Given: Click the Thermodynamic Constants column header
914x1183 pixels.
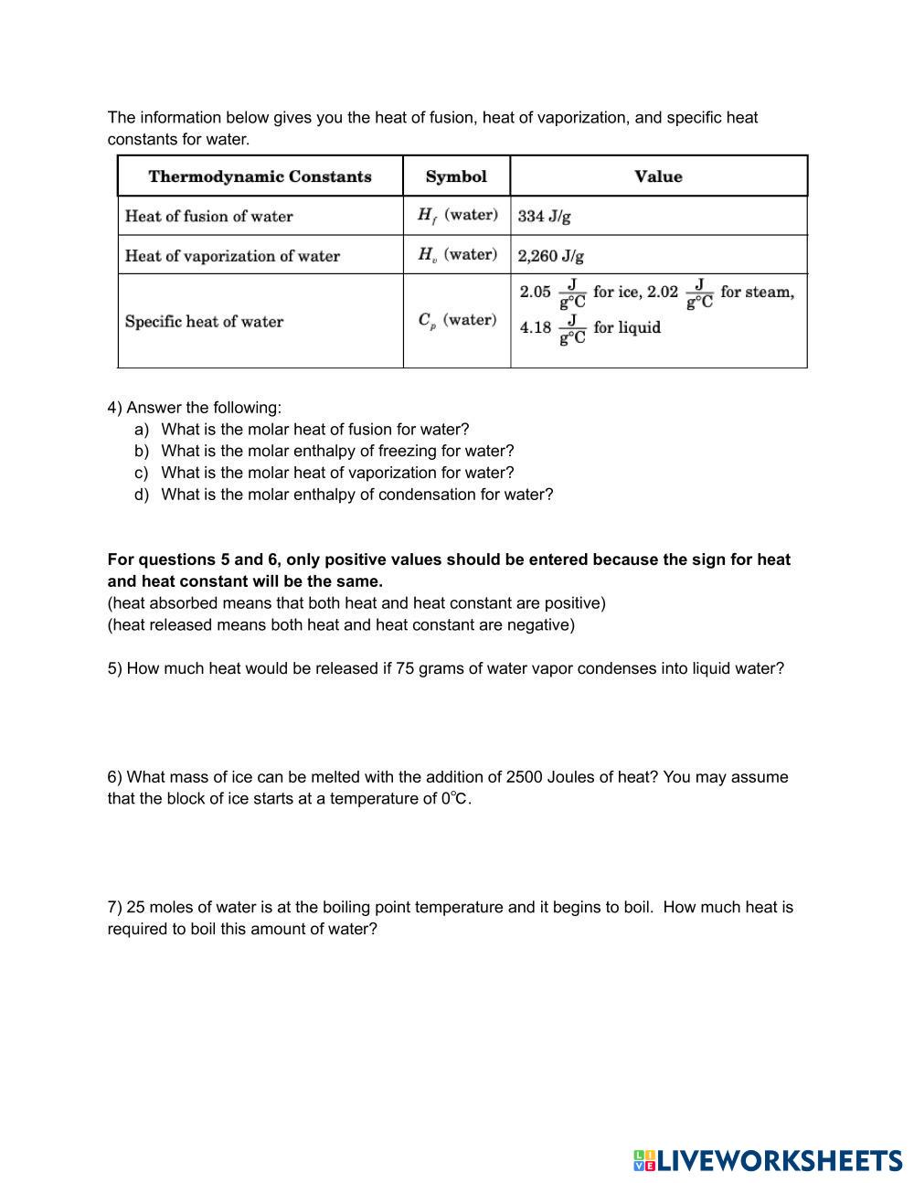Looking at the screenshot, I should pyautogui.click(x=260, y=176).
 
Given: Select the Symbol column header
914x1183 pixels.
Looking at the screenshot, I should pyautogui.click(x=456, y=176).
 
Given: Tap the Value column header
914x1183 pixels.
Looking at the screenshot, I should pyautogui.click(x=658, y=176).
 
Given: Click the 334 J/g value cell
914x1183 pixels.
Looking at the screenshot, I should pyautogui.click(x=545, y=217).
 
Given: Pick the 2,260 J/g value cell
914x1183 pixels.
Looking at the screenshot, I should pyautogui.click(x=551, y=256).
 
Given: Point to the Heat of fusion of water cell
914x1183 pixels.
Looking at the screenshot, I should pyautogui.click(x=209, y=217).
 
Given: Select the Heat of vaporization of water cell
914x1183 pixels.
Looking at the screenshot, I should pyautogui.click(x=232, y=256).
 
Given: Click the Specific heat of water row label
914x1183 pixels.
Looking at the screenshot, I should pyautogui.click(x=204, y=322).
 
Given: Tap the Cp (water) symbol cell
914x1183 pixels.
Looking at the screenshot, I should pyautogui.click(x=457, y=320).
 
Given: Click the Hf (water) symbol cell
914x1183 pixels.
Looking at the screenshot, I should pyautogui.click(x=457, y=215).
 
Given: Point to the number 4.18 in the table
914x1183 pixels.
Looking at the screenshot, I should pyautogui.click(x=536, y=327).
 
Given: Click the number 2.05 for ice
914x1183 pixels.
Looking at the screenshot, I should pyautogui.click(x=536, y=293).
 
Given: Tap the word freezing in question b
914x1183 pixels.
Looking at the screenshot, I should pyautogui.click(x=403, y=451).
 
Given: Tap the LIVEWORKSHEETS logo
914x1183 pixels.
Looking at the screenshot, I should pyautogui.click(x=768, y=1160).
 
